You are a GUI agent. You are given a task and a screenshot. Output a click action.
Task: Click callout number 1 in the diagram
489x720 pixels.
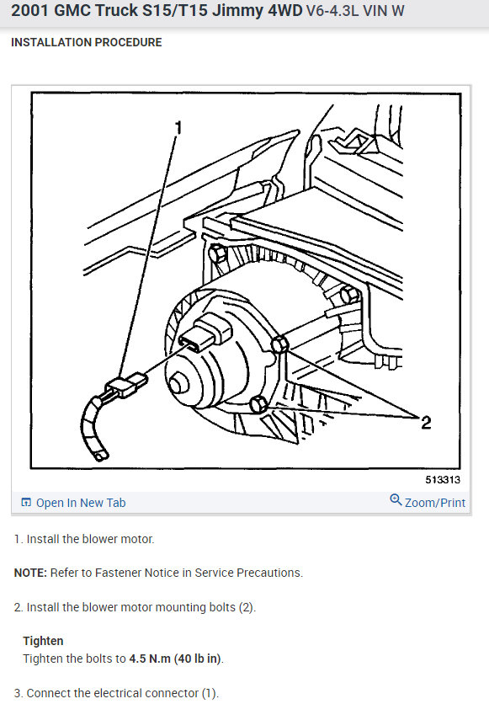(x=178, y=128)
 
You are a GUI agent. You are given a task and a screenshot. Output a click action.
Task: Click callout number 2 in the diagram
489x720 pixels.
(x=425, y=422)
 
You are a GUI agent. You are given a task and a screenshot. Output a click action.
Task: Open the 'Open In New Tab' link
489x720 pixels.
(x=80, y=503)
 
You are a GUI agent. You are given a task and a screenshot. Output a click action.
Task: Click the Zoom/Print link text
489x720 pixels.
(x=435, y=503)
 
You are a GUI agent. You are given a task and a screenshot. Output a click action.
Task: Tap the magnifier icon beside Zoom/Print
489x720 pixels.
(x=396, y=501)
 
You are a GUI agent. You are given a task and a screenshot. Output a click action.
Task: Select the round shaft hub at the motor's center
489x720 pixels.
(x=180, y=382)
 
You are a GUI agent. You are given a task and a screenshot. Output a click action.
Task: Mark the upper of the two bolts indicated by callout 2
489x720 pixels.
(x=280, y=344)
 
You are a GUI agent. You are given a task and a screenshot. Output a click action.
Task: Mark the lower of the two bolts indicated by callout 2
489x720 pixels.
(x=259, y=405)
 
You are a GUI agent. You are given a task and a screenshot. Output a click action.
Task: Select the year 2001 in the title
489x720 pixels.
(x=33, y=14)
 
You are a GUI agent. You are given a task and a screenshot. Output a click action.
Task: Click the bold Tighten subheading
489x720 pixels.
(x=44, y=641)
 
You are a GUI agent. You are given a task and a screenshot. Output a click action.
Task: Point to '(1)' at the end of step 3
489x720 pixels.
(x=209, y=693)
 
